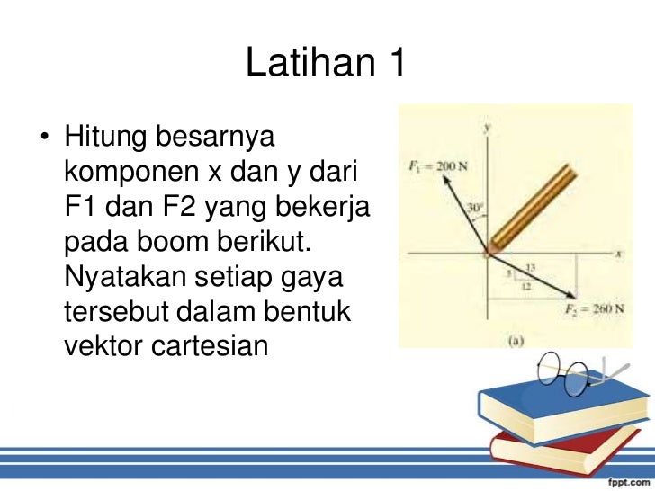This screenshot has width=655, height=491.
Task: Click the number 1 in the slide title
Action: pos(395,64)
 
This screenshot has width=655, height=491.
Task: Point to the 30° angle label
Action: pos(473,209)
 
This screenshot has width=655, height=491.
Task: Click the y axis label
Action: pos(487,129)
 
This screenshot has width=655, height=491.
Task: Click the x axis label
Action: pos(619,254)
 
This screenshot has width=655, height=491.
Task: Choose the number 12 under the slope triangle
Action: pos(525,287)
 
